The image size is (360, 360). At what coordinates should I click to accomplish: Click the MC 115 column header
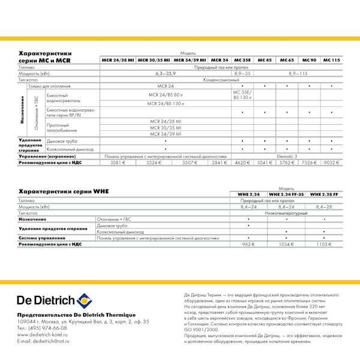click(331, 61)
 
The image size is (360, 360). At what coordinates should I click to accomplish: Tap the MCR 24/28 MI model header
click(118, 61)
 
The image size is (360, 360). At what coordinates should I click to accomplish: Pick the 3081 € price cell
click(118, 163)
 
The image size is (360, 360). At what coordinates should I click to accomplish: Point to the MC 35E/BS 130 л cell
click(243, 94)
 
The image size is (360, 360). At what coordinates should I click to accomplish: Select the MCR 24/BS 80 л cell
click(165, 94)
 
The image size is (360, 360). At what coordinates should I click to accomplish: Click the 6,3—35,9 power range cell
click(165, 73)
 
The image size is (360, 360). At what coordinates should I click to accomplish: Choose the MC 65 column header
click(287, 61)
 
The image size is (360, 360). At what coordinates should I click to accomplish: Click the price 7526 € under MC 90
click(309, 163)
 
